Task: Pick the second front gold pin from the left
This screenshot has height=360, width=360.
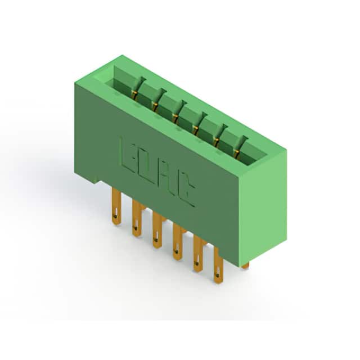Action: [137, 219]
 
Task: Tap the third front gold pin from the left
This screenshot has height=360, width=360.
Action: [157, 231]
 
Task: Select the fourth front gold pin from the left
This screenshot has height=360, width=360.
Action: [177, 242]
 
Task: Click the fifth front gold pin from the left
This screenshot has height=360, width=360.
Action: [198, 254]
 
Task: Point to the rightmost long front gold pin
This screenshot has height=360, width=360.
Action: [218, 266]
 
